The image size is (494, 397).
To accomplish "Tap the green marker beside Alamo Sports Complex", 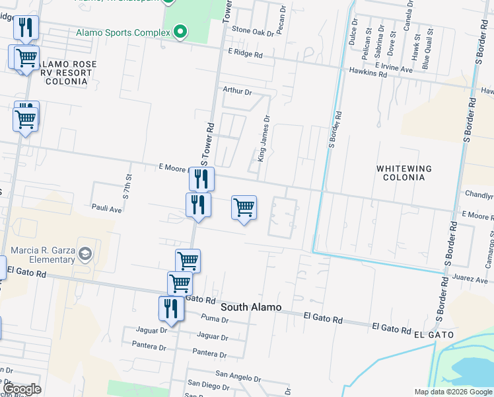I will (x=179, y=31).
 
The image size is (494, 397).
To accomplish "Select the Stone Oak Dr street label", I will (x=252, y=31).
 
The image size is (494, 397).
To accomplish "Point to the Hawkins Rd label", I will (x=369, y=73).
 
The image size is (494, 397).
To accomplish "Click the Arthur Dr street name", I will (x=237, y=91).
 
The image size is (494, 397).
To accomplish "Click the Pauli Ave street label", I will (x=107, y=208).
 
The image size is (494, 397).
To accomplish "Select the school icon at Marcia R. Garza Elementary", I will (x=85, y=254).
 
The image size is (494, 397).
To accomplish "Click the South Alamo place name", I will (x=251, y=307).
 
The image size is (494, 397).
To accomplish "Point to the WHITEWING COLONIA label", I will (x=404, y=173).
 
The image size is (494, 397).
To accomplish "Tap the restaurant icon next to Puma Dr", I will (x=170, y=309).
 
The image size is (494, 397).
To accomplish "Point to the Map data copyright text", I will (x=452, y=392).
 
